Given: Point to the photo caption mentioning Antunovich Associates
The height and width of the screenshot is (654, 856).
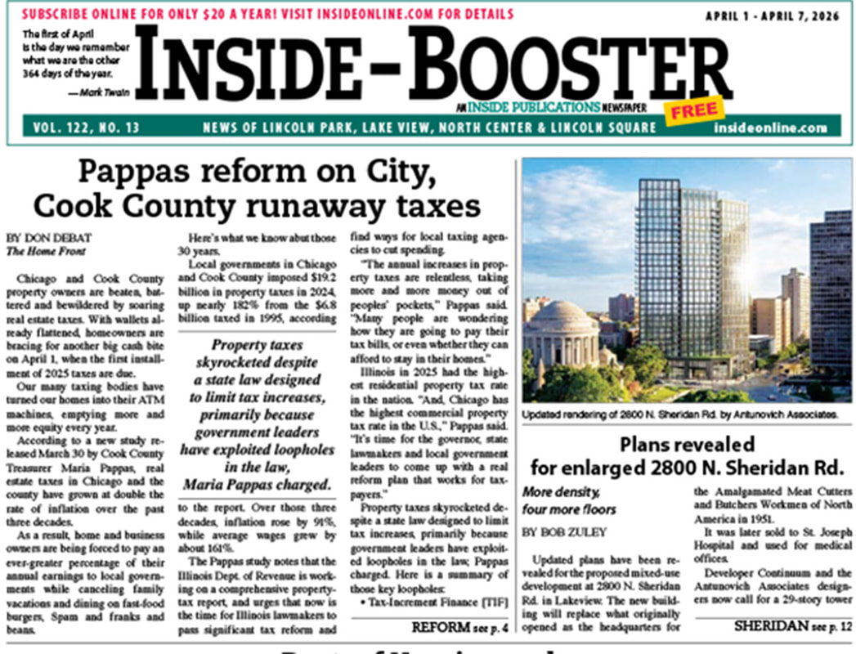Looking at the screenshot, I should click(x=680, y=414).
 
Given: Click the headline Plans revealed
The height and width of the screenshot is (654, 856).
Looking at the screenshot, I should click(x=686, y=445).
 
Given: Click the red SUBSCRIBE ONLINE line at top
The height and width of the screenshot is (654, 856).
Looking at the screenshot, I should click(x=267, y=14).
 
